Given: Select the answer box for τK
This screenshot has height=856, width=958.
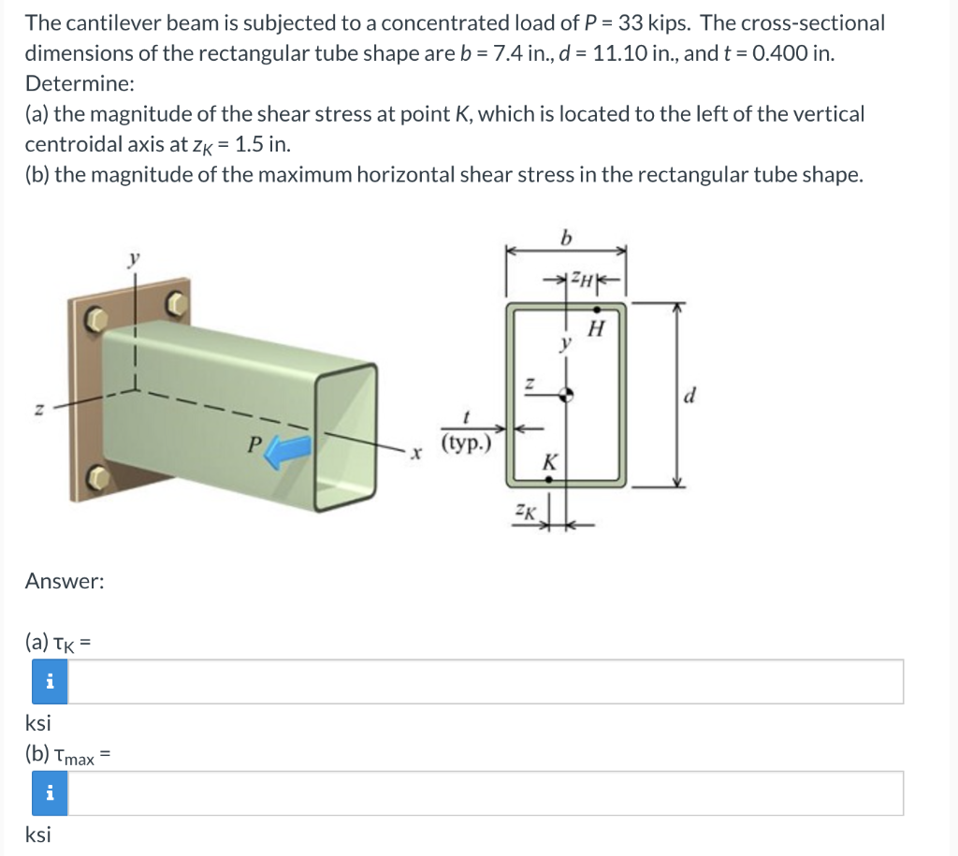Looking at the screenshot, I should point(486,682).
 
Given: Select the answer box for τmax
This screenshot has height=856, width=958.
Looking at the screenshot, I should point(486,793).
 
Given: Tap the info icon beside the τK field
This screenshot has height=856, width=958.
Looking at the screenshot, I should point(51,682).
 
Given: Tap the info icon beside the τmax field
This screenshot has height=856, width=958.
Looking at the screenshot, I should point(51,793).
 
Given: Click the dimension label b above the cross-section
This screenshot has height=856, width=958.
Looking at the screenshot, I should point(565,238).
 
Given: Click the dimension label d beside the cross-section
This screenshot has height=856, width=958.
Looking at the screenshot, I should point(689,396).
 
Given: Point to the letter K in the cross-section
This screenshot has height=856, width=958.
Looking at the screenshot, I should point(549,461).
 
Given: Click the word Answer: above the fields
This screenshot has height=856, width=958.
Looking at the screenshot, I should point(65,581).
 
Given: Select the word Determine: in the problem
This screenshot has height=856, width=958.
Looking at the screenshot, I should point(80,83).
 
